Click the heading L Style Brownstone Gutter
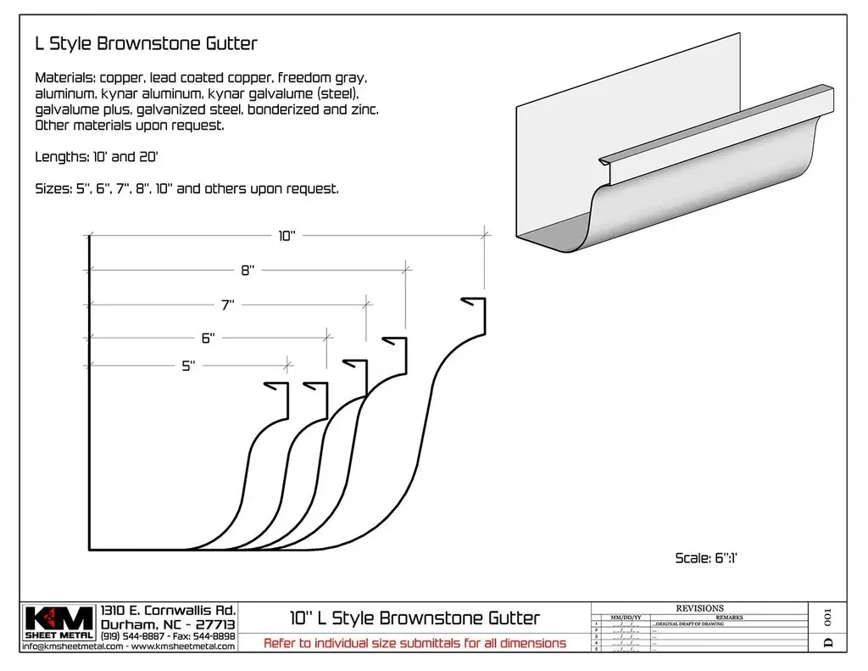(x=146, y=42)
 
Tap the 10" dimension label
(x=287, y=237)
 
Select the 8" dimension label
(x=248, y=270)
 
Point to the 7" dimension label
(x=228, y=304)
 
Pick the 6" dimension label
(x=208, y=337)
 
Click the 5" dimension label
(x=188, y=366)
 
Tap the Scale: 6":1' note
(x=709, y=557)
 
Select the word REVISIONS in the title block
(x=699, y=608)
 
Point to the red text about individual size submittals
(x=415, y=643)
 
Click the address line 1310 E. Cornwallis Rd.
(x=168, y=611)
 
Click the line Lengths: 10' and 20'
(x=103, y=157)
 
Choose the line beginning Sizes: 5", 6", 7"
(x=186, y=188)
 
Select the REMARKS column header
(x=729, y=618)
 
